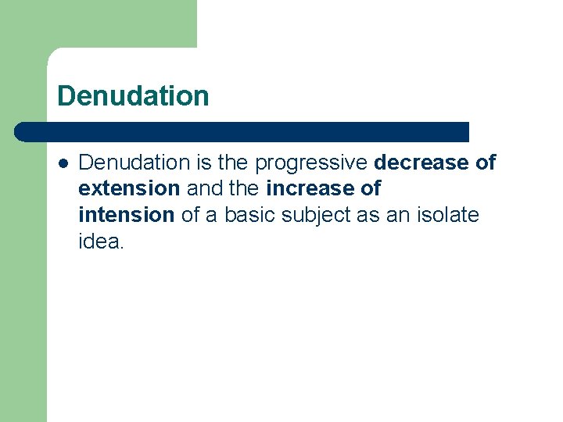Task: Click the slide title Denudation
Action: click(x=133, y=96)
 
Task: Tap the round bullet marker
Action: click(x=63, y=163)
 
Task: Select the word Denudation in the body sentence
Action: click(x=134, y=163)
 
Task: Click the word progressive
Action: click(x=312, y=163)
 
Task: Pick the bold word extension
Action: click(x=129, y=188)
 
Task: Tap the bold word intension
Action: click(x=126, y=215)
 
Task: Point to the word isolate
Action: click(x=449, y=215)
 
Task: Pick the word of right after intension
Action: click(x=191, y=215)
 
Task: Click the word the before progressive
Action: click(x=235, y=163)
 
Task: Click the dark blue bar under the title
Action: click(x=242, y=131)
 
